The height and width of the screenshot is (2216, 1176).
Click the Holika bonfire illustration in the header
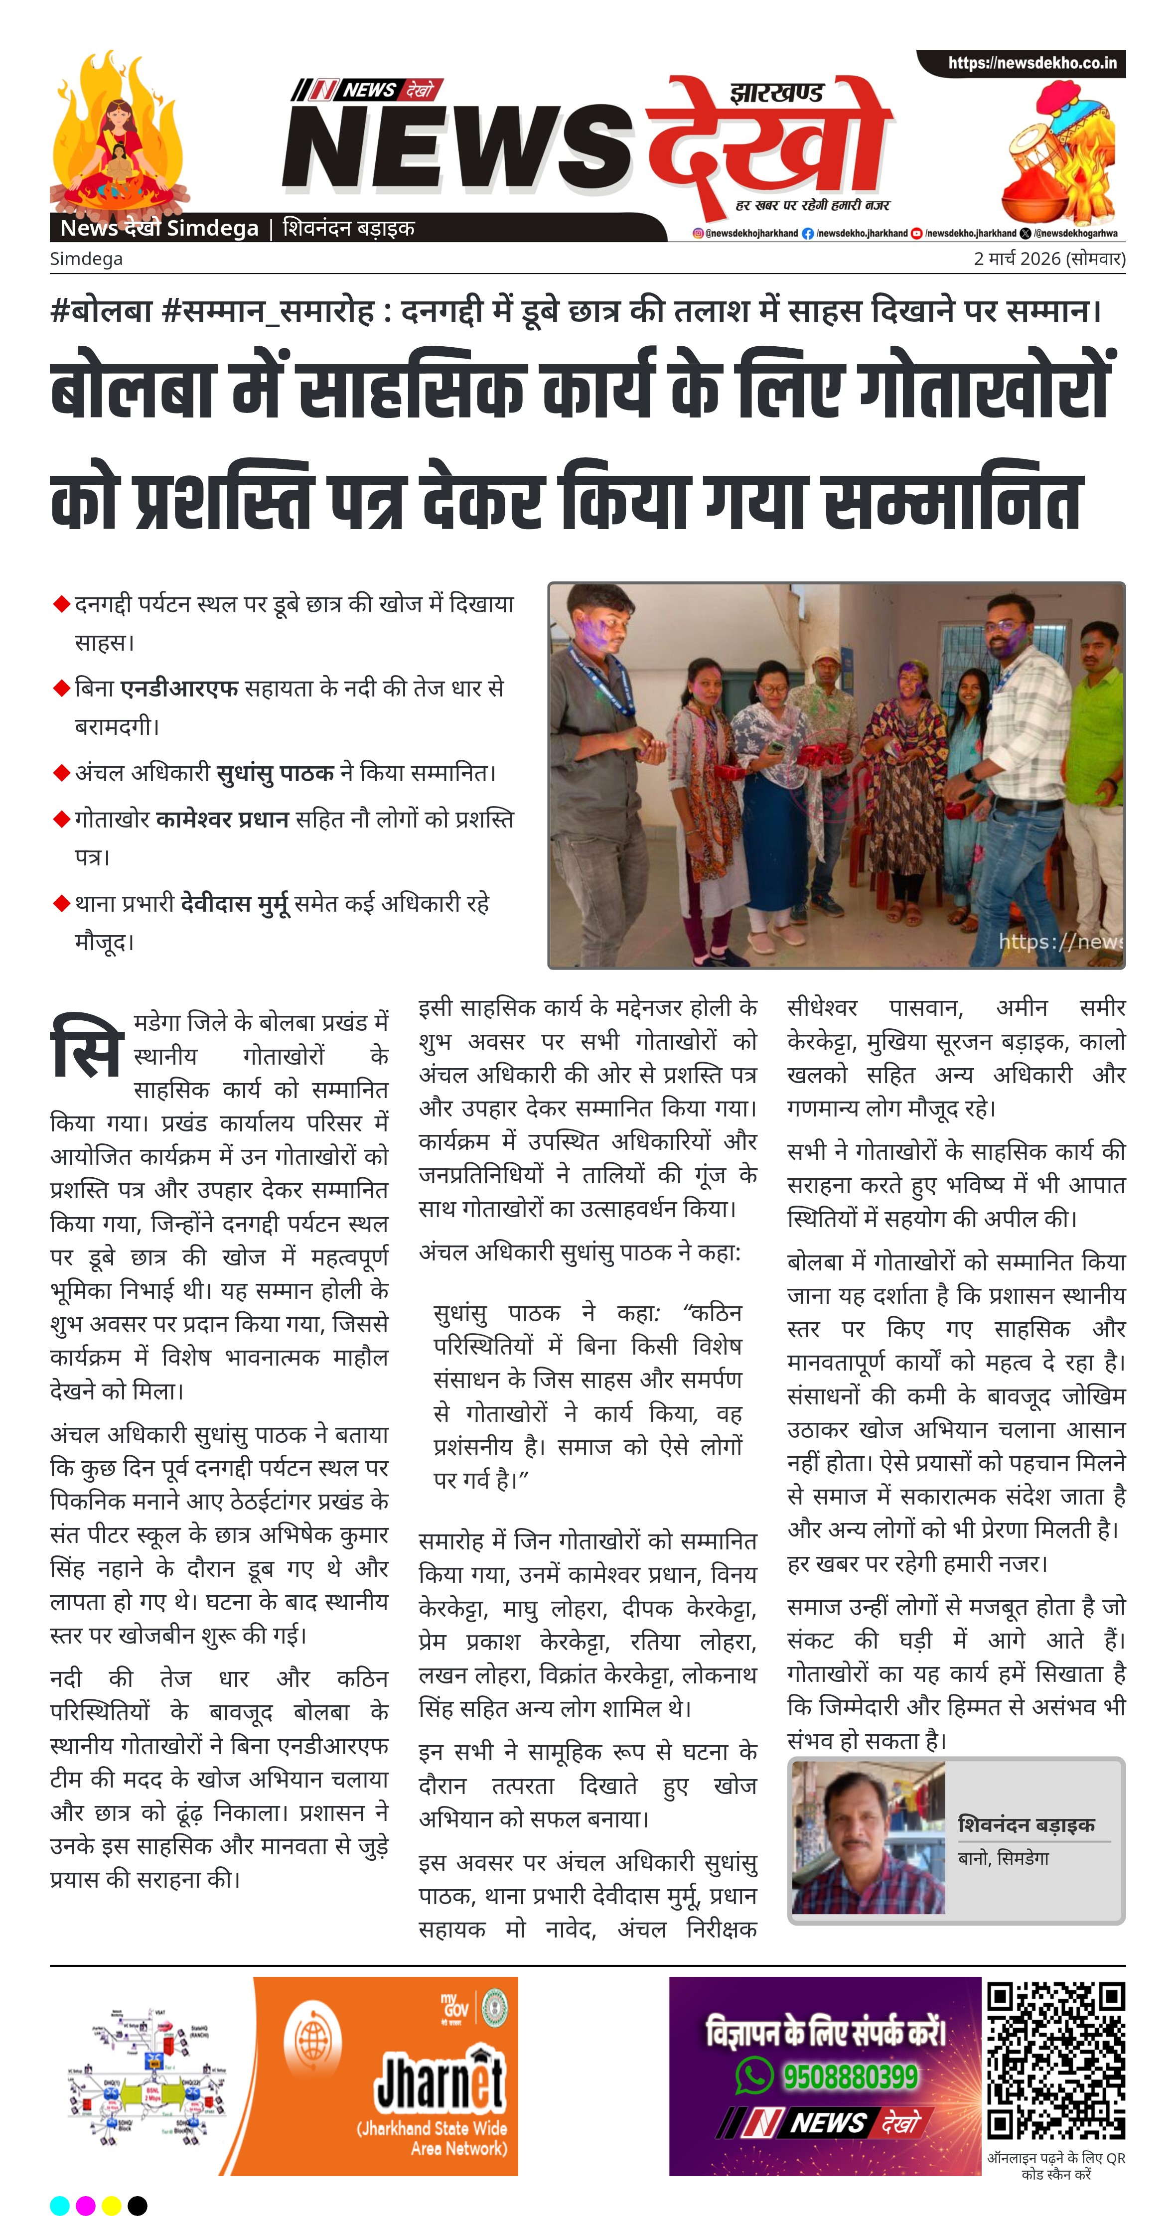[118, 138]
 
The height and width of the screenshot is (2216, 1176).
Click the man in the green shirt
[1096, 757]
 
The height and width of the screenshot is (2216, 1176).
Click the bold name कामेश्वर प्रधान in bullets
[222, 819]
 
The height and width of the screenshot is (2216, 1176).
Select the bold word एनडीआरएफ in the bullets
[179, 688]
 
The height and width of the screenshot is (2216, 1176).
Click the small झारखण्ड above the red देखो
[776, 92]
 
